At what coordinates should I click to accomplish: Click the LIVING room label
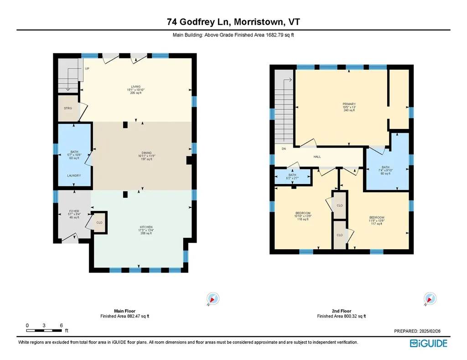[135, 87]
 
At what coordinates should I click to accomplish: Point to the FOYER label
[74, 211]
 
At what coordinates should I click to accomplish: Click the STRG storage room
[68, 108]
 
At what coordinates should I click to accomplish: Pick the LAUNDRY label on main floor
[74, 175]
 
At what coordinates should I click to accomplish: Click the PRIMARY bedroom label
[349, 104]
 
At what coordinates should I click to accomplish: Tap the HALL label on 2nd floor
[317, 157]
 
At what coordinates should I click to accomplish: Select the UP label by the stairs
[87, 69]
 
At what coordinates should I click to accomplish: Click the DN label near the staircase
[283, 149]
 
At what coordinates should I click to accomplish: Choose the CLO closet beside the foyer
[99, 223]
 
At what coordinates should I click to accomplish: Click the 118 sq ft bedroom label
[303, 214]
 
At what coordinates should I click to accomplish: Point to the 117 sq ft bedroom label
[376, 217]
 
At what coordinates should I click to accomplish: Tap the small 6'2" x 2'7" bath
[292, 175]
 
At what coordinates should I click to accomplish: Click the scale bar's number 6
[61, 325]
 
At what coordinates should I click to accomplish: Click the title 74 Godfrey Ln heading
[233, 22]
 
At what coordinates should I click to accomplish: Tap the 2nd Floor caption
[341, 311]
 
